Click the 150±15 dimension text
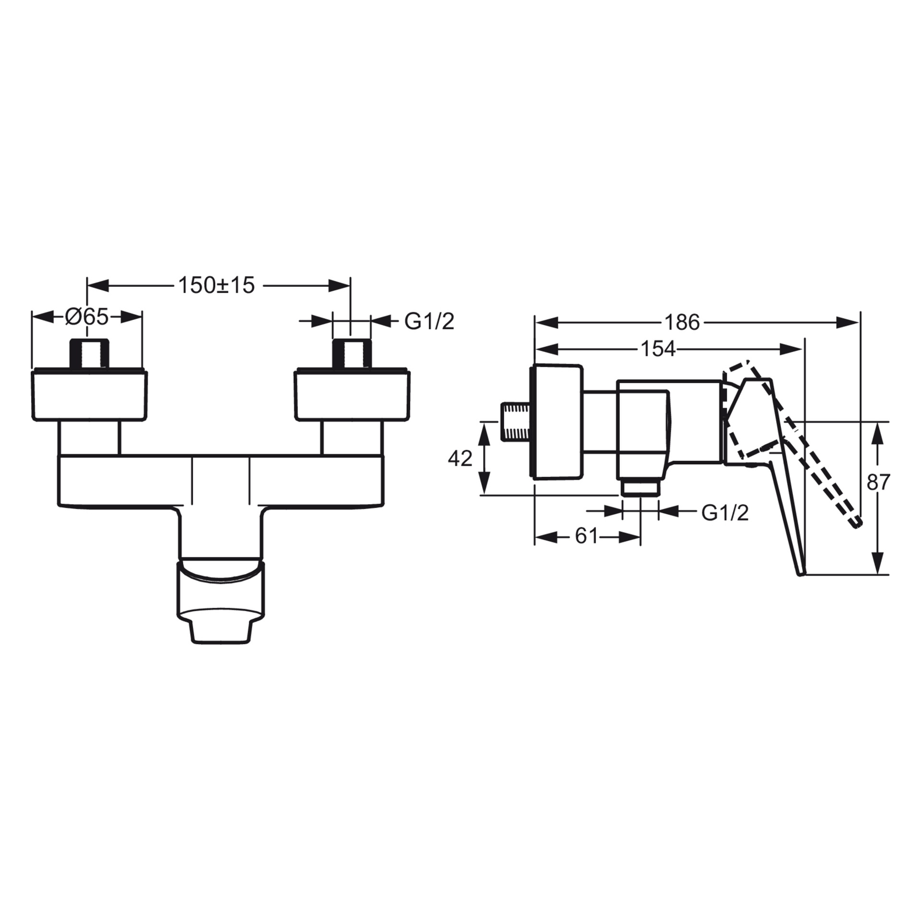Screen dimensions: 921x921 pyautogui.click(x=216, y=286)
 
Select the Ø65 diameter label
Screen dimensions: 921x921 pyautogui.click(x=87, y=318)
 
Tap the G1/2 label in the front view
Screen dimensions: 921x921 pyautogui.click(x=429, y=321)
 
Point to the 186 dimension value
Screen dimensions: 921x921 pyautogui.click(x=682, y=322)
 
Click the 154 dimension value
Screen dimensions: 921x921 pyautogui.click(x=658, y=349)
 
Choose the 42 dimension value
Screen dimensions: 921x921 pyautogui.click(x=460, y=459)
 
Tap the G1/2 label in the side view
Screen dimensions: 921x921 pyautogui.click(x=725, y=513)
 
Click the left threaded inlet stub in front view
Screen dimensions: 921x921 pyautogui.click(x=90, y=354)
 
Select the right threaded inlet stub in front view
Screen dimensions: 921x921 pyautogui.click(x=352, y=354)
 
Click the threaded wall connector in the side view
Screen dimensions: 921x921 pyautogui.click(x=515, y=422)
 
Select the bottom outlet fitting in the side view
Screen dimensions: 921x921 pyautogui.click(x=640, y=489)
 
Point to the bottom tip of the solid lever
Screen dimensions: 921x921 pyautogui.click(x=801, y=574)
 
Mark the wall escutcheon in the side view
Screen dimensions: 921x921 pyautogui.click(x=556, y=422)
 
